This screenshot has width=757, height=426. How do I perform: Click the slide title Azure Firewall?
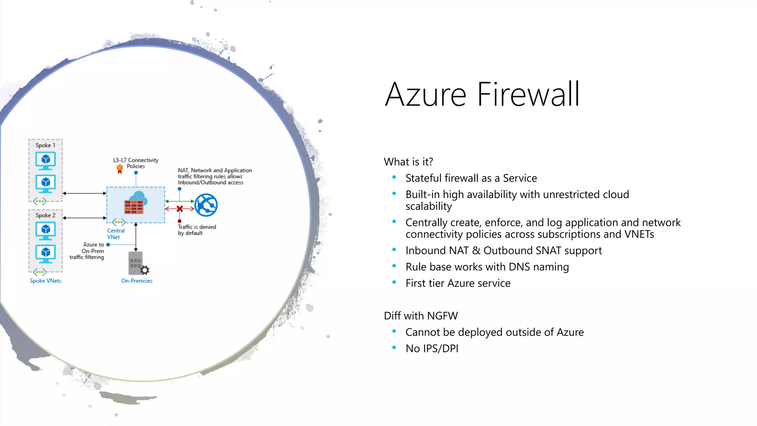point(482,94)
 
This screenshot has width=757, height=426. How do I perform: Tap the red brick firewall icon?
point(134,207)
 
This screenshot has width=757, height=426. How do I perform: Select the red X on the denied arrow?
point(180,209)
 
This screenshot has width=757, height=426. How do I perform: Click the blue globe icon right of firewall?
point(206,205)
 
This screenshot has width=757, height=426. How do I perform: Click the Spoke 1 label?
point(45,145)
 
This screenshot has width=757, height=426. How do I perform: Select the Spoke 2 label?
point(45,215)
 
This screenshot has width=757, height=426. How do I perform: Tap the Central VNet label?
point(116,234)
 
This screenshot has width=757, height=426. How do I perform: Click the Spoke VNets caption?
point(45,281)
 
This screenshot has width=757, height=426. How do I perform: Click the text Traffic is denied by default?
point(197,230)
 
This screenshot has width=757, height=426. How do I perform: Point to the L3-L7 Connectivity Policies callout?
point(136,163)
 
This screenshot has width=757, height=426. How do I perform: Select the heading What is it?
point(408,162)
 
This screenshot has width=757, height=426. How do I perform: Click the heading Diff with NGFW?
point(421,316)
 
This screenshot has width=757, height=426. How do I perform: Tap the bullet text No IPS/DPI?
point(432,348)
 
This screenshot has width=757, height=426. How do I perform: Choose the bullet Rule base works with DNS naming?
point(487,267)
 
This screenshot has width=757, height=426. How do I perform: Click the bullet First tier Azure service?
point(458,283)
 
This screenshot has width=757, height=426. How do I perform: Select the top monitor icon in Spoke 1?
point(45,160)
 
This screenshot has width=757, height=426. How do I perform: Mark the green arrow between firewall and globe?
point(180,201)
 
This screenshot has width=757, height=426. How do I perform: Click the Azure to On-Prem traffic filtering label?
point(87,251)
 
